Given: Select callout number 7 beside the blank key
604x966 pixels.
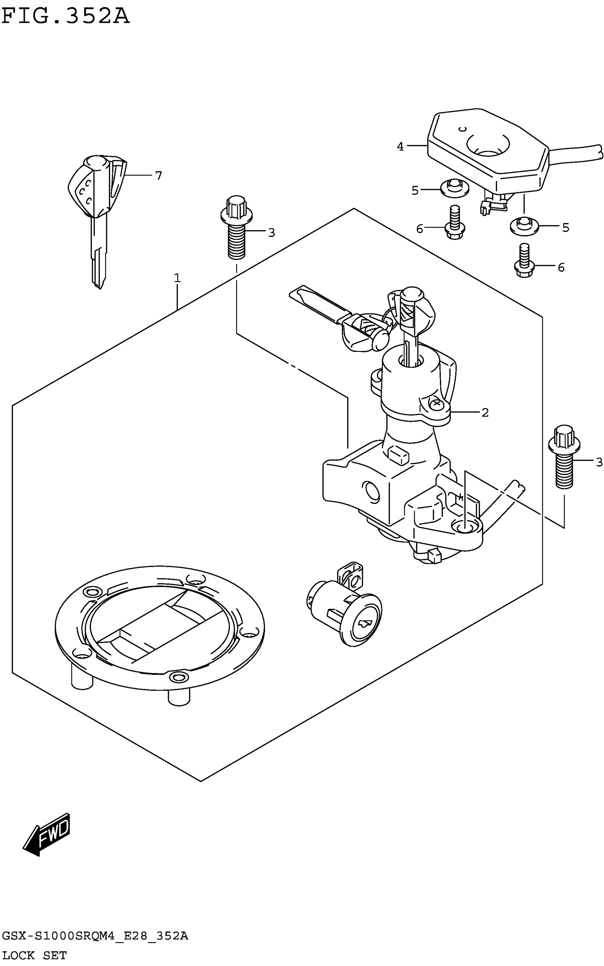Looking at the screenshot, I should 158,176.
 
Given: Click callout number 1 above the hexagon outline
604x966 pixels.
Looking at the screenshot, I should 177,278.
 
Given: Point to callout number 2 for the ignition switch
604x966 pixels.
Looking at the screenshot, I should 485,413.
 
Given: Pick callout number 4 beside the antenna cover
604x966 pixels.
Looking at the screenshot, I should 400,147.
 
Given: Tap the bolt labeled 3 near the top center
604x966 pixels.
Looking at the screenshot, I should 236,228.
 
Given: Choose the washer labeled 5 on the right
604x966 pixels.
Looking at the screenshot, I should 524,226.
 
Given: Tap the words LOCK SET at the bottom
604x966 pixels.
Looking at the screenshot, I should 35,955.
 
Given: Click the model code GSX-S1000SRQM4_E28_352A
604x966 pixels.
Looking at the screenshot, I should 95,936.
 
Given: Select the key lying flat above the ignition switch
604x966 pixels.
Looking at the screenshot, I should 340,318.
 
